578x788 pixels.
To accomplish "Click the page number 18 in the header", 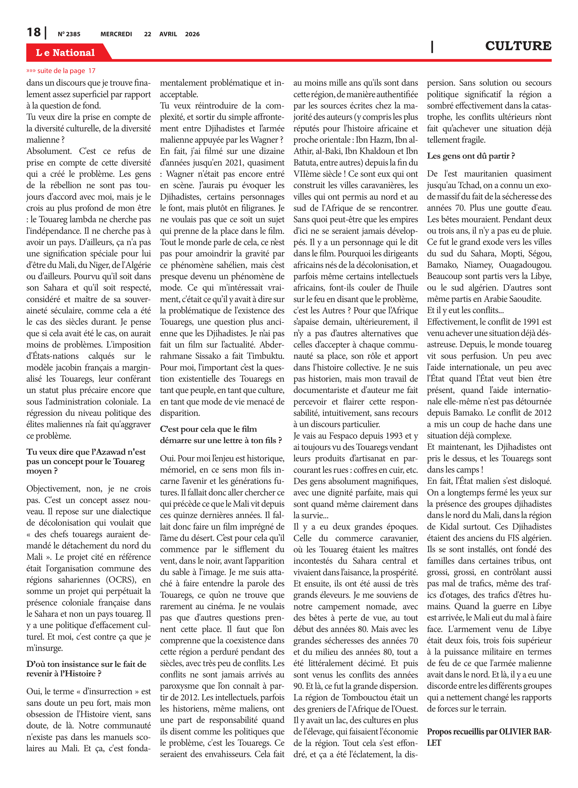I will (34, 32).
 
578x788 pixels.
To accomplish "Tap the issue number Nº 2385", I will (69, 34).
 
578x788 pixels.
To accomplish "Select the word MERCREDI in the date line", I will (116, 34).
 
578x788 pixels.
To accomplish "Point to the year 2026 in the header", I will (192, 34).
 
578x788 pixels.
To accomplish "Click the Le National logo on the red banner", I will (65, 53).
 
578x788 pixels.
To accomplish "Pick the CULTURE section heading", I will (518, 46).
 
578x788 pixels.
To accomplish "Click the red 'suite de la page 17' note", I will (61, 71).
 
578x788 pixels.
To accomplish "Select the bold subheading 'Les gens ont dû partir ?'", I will (471, 156).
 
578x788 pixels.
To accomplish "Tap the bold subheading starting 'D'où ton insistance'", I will (86, 669).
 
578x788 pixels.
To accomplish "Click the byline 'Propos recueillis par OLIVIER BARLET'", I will (489, 737).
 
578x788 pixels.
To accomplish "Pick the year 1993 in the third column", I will (391, 436).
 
